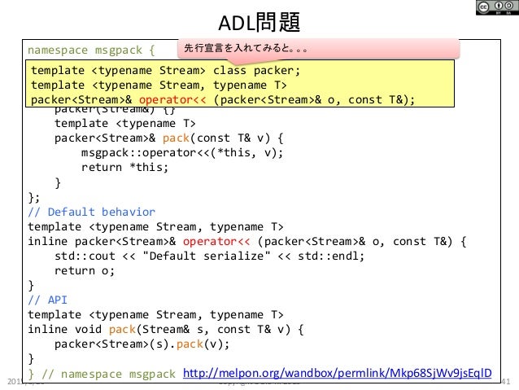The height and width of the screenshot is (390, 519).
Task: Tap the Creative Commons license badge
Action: tap(488, 11)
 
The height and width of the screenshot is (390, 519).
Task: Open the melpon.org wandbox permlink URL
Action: tap(338, 372)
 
